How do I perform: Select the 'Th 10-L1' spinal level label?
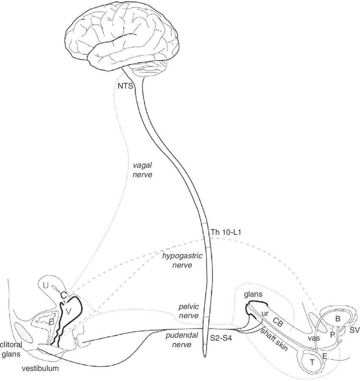[225, 232]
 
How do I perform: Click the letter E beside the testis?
[325, 356]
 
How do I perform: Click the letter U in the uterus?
[46, 286]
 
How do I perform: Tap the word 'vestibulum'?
[40, 369]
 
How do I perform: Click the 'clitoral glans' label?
[11, 347]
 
